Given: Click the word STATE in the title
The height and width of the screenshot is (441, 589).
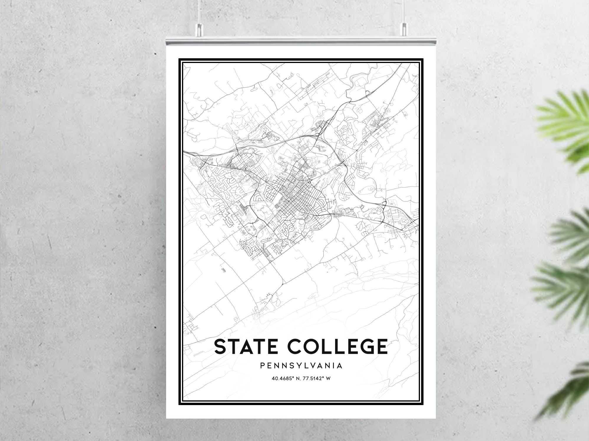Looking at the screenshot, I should (x=248, y=346).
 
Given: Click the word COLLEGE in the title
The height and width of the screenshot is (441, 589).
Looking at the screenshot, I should (x=337, y=346).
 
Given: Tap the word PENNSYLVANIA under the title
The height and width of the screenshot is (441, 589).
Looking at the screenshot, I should (x=301, y=366).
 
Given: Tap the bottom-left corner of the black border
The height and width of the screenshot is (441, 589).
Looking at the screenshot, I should (x=180, y=404).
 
